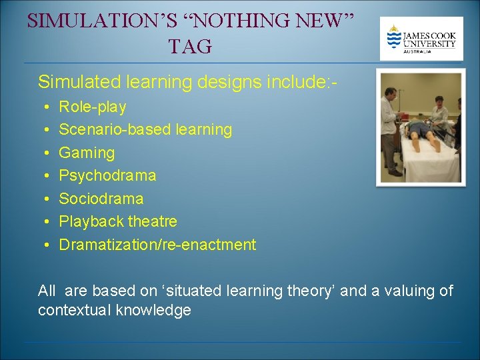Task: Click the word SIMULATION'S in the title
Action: pyautogui.click(x=101, y=21)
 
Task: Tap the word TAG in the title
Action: pyautogui.click(x=190, y=46)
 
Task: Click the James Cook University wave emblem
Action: pyautogui.click(x=395, y=37)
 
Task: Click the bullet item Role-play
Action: pyautogui.click(x=93, y=107)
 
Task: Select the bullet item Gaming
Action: pyautogui.click(x=87, y=153)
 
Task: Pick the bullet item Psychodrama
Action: pyautogui.click(x=107, y=175)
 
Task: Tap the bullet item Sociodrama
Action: pyautogui.click(x=101, y=199)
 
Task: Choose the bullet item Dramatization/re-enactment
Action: pyautogui.click(x=157, y=245)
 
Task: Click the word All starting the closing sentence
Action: pyautogui.click(x=47, y=291)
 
